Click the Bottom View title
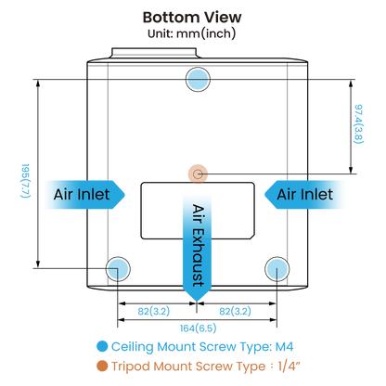pos(192,18)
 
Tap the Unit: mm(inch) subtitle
pos(191,33)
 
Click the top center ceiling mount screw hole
pos(198,79)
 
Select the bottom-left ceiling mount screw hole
pos(118,269)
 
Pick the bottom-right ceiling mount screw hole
pos(277,269)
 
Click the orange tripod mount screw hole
pos(198,174)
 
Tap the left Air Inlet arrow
pos(84,195)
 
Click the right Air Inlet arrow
pos(305,195)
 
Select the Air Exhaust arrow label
pos(198,245)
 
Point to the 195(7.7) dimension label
pos(25,181)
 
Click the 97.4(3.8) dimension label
pos(358,124)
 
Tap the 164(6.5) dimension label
pos(198,328)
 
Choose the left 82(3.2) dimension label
pos(154,311)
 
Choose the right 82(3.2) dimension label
pos(235,311)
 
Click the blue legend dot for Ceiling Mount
pos(102,346)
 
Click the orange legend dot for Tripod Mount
pos(102,366)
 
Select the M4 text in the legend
pos(284,346)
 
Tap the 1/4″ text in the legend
pos(289,367)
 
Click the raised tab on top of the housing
pos(154,53)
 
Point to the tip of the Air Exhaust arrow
pos(197,301)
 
